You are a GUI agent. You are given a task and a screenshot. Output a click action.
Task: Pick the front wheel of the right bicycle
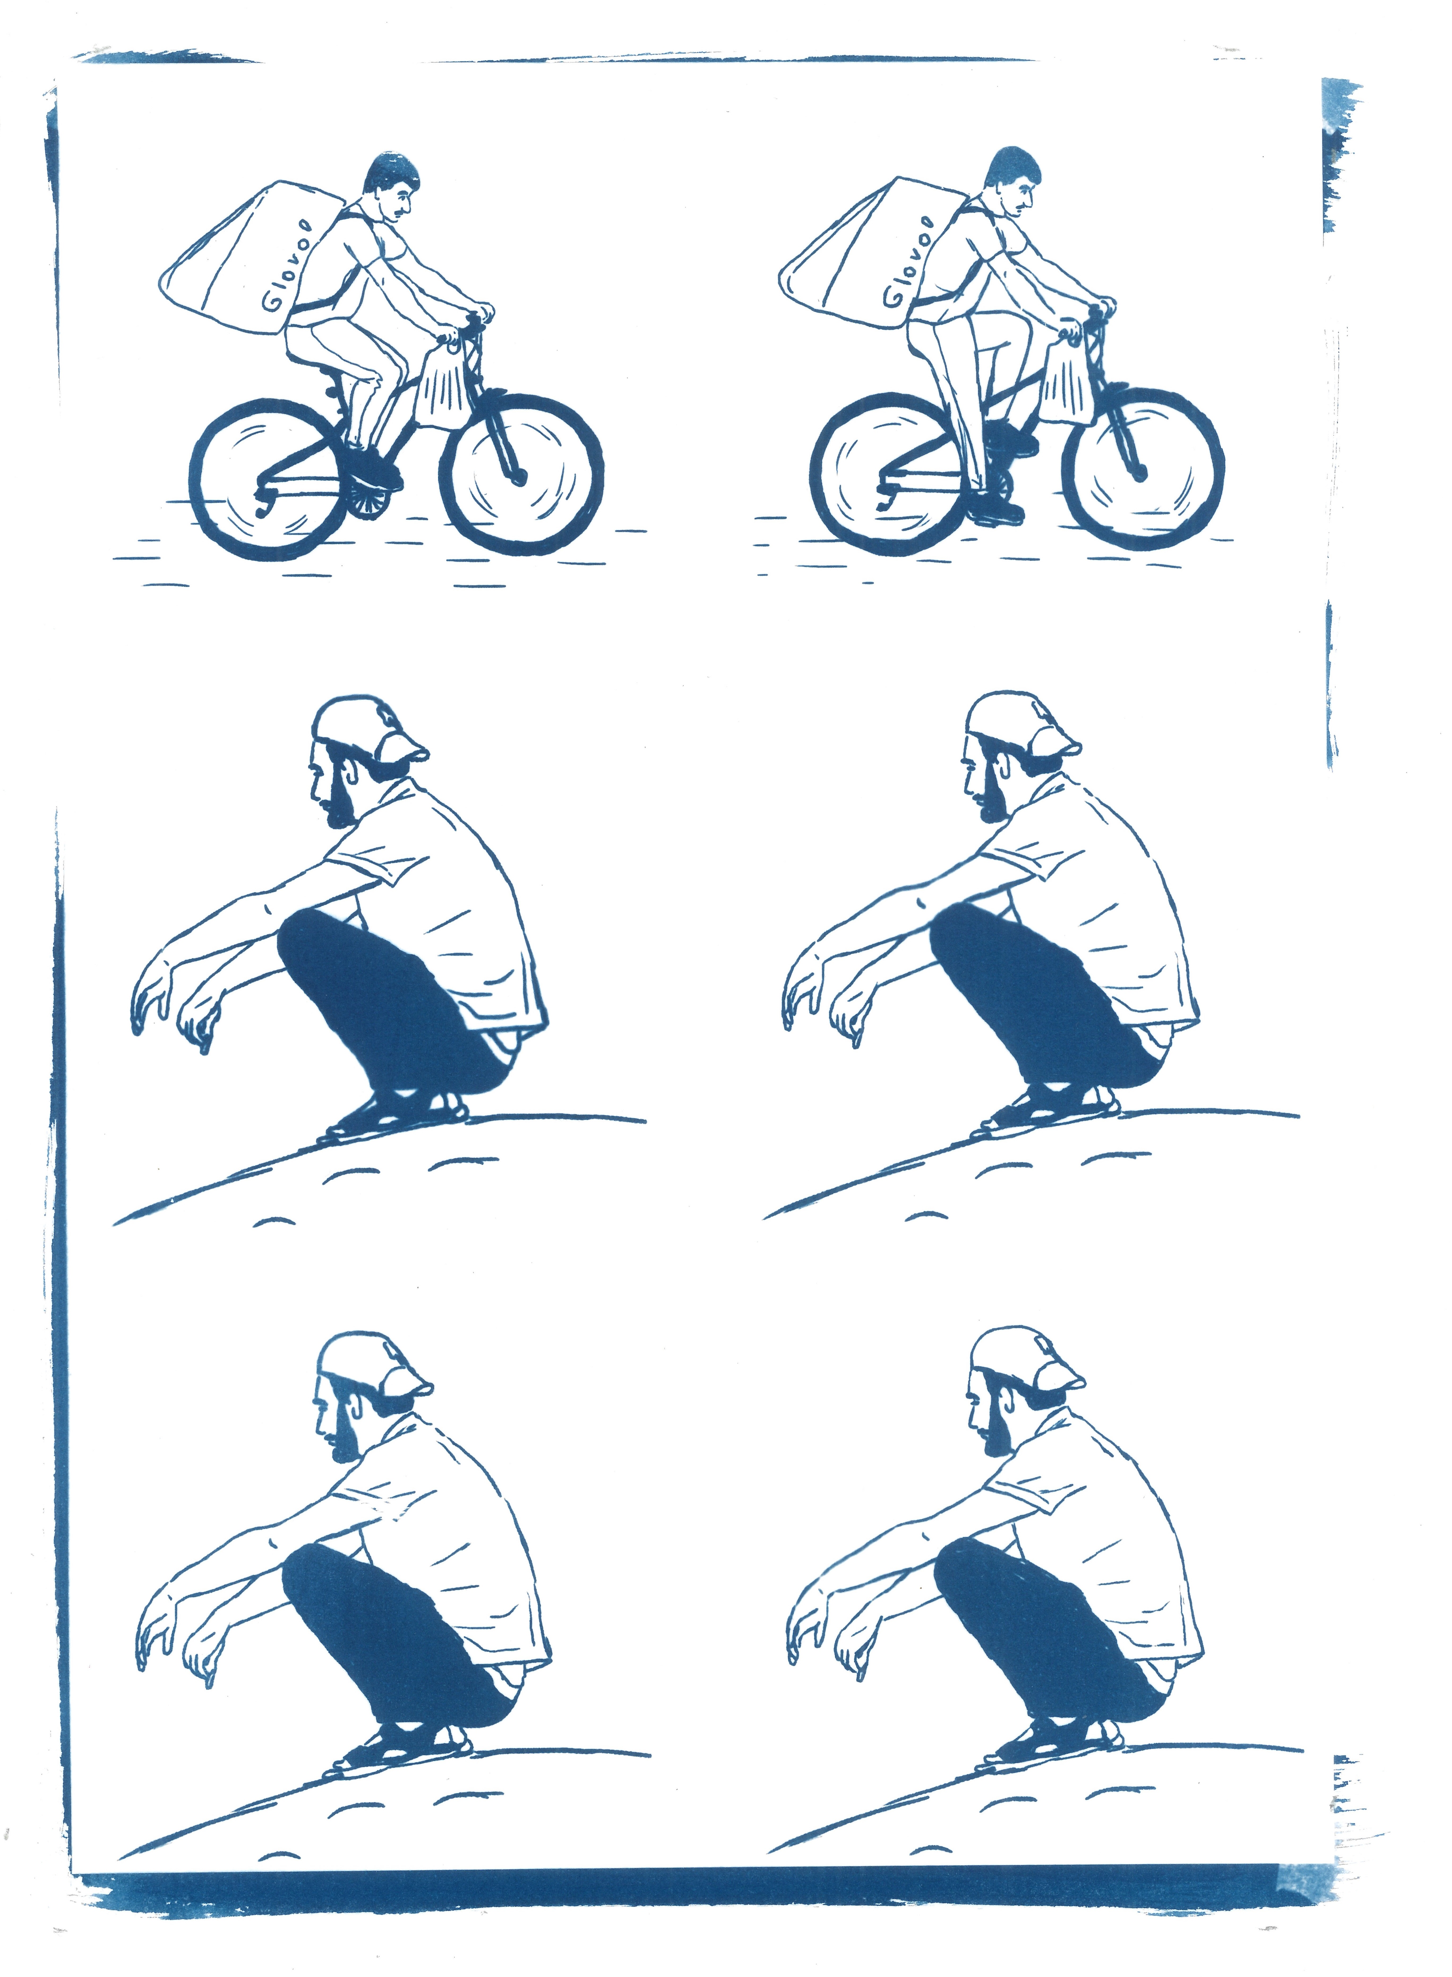point(1142,470)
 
